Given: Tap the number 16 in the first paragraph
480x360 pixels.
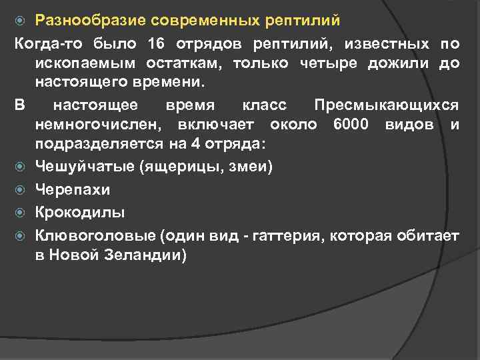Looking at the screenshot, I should point(156,44).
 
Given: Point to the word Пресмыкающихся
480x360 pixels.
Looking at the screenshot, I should point(386,106).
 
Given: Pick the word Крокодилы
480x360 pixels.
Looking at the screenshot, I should point(79,212).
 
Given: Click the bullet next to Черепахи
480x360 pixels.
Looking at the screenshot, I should point(21,190).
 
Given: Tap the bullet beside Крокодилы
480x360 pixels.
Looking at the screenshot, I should point(21,213).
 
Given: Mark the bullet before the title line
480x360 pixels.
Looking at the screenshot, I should point(21,21).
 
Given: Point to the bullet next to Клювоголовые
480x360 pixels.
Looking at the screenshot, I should point(21,235).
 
